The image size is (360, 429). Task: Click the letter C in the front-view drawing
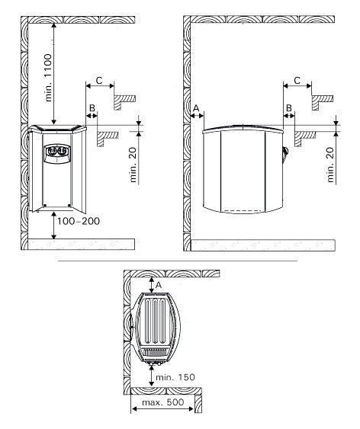point(99,79)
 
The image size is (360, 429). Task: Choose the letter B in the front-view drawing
point(92,109)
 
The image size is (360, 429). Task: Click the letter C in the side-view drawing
point(297,79)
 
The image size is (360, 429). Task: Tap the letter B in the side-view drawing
point(289,109)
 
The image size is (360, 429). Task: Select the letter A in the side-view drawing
point(196,109)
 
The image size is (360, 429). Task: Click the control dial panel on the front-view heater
point(56,152)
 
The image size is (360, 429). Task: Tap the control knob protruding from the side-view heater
point(284,153)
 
